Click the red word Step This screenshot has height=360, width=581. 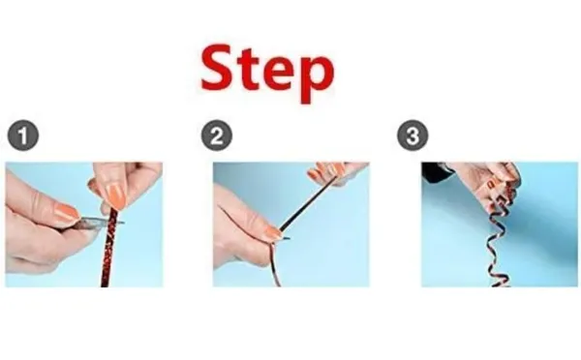coord(267,73)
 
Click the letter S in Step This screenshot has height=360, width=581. coord(218,68)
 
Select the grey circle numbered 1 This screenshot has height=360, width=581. coord(23,135)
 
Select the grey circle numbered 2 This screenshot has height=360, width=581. coord(217,135)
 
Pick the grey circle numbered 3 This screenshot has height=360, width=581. coord(413,135)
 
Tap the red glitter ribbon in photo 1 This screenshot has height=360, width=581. coord(109,248)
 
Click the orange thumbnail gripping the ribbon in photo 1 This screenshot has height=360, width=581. coord(115,195)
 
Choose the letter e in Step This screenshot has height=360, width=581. coord(279,75)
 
